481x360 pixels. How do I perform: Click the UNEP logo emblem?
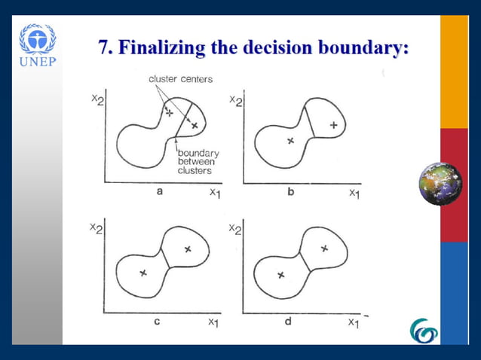click(x=37, y=39)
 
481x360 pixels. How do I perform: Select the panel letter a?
click(x=160, y=193)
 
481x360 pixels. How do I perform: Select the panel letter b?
click(x=291, y=193)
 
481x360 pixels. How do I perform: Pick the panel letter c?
click(x=157, y=321)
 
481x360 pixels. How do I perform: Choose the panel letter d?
click(x=289, y=321)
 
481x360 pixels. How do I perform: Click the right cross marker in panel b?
click(x=333, y=125)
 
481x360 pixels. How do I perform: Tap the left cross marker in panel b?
click(x=290, y=141)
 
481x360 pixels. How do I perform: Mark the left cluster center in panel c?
click(x=142, y=273)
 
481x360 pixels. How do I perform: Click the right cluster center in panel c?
click(x=188, y=249)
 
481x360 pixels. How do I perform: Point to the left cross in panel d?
click(x=280, y=275)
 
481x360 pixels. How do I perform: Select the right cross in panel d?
click(x=324, y=248)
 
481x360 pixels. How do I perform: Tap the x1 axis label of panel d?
click(x=354, y=322)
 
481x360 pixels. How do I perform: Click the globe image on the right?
click(x=440, y=184)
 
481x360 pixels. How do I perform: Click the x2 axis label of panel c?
click(x=97, y=227)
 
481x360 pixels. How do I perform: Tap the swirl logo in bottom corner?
click(x=423, y=330)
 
